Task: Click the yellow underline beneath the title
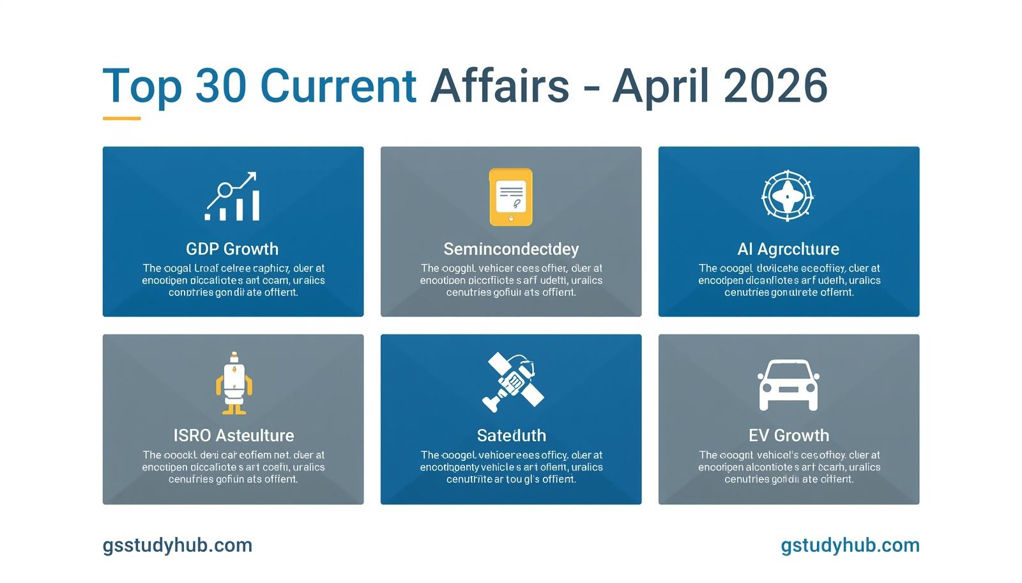(121, 118)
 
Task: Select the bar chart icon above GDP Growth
(233, 196)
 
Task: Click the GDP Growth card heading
(233, 249)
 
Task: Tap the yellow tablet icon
(510, 197)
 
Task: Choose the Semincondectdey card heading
(511, 249)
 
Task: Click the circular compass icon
(788, 196)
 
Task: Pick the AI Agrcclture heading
(788, 249)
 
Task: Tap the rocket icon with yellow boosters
(234, 383)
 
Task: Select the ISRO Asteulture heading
(234, 435)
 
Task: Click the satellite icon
(512, 382)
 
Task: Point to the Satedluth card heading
(511, 435)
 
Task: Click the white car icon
(788, 385)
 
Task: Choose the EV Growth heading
(789, 435)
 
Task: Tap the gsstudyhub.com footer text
(178, 545)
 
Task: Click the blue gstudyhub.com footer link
(850, 545)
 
